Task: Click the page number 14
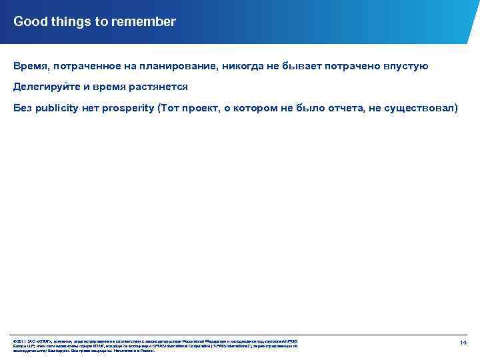click(x=463, y=342)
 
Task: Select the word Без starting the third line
click(x=23, y=108)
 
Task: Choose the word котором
click(x=256, y=108)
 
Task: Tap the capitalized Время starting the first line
click(x=29, y=67)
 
